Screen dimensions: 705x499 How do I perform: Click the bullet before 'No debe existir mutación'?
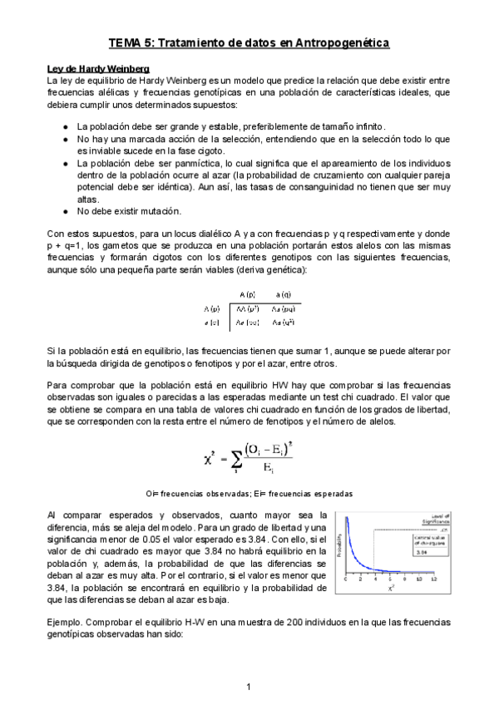[x=67, y=211]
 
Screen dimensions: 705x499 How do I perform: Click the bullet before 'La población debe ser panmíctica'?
[x=67, y=164]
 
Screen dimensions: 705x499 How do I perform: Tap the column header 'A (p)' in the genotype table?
[x=246, y=294]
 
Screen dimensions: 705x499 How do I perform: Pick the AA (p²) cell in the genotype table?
[x=246, y=308]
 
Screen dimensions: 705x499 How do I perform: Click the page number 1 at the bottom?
[x=249, y=686]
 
